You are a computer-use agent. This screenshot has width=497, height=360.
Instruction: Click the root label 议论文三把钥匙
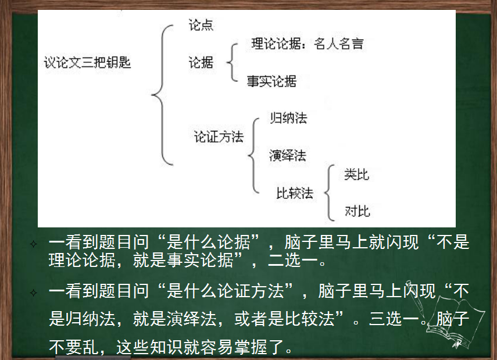(87, 62)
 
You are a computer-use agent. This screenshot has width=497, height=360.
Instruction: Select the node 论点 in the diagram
(201, 25)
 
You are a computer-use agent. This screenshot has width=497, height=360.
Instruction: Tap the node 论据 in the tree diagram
(201, 62)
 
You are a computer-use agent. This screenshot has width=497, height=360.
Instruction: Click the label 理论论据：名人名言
(308, 44)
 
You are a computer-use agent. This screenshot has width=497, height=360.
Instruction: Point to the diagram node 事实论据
(271, 81)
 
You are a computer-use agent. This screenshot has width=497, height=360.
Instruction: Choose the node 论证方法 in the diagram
(219, 137)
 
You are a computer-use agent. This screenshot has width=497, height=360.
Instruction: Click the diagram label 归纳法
(288, 118)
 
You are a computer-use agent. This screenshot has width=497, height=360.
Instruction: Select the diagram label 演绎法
(288, 155)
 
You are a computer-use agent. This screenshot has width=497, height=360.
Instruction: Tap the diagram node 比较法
(295, 193)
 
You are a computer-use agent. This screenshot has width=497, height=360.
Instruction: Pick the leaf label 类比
(357, 174)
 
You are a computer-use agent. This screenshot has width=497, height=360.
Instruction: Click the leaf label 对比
(357, 211)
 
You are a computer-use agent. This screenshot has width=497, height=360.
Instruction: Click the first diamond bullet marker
(33, 244)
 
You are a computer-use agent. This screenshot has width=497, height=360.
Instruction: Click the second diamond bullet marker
(33, 293)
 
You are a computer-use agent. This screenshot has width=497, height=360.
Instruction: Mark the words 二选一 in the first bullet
(293, 261)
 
